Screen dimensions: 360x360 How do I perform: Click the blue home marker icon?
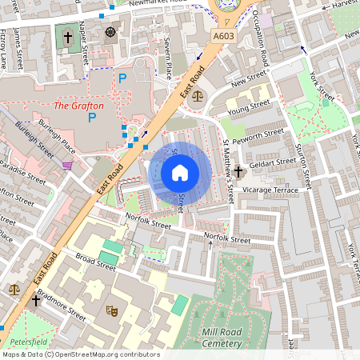pyautogui.click(x=180, y=173)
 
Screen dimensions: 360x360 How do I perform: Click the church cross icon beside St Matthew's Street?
pyautogui.click(x=238, y=172)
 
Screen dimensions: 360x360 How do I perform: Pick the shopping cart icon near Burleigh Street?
pyautogui.click(x=67, y=166)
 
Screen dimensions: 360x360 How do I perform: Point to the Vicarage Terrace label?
pyautogui.click(x=272, y=190)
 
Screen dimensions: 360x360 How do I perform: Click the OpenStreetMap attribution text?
pyautogui.click(x=81, y=354)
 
